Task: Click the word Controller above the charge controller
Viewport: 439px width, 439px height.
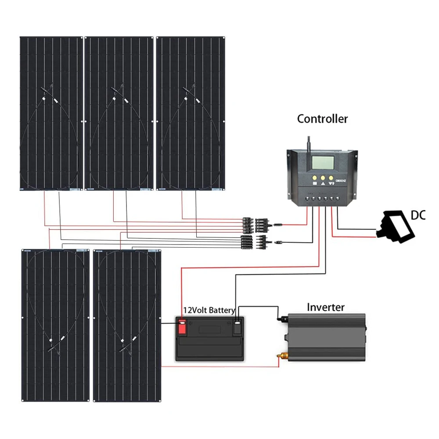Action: click(x=322, y=119)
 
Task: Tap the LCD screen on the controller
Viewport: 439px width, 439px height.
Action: click(x=324, y=164)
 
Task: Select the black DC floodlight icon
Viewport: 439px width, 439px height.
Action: click(x=397, y=226)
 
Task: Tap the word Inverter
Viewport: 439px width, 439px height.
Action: click(x=326, y=307)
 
